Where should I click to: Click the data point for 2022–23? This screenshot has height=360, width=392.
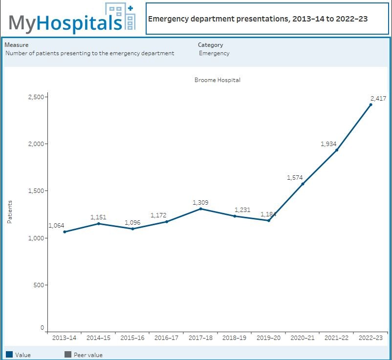(370, 105)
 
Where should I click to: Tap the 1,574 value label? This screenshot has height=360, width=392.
(295, 178)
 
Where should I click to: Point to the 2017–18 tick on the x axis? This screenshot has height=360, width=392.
(200, 338)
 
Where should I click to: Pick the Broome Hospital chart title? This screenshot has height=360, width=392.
(217, 80)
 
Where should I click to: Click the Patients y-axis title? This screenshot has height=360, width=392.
(10, 212)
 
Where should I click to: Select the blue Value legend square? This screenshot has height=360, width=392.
(9, 354)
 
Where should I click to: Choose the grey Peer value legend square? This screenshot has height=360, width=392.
(67, 354)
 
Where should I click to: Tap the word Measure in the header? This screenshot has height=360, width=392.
(16, 45)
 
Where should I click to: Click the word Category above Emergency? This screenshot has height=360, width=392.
(210, 45)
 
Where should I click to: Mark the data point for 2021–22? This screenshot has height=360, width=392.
(336, 150)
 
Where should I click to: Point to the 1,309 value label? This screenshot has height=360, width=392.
(200, 202)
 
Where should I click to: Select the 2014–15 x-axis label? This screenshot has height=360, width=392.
(98, 338)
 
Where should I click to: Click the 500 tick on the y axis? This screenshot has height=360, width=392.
(39, 285)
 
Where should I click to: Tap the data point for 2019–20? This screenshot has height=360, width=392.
(268, 220)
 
